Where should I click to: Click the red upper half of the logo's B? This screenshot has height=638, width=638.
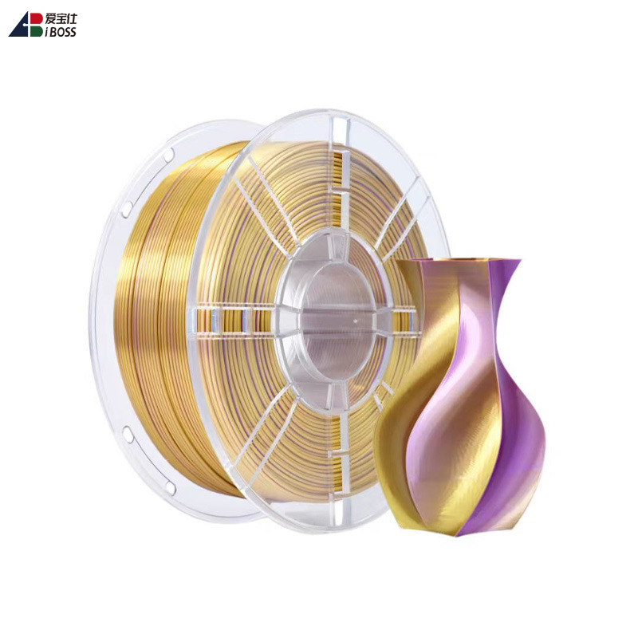[37, 18]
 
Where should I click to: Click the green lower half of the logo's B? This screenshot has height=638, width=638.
[37, 31]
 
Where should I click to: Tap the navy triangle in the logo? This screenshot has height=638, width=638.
[19, 28]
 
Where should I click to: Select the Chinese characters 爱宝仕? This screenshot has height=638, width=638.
[61, 18]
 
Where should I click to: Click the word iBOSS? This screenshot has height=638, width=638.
[61, 32]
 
